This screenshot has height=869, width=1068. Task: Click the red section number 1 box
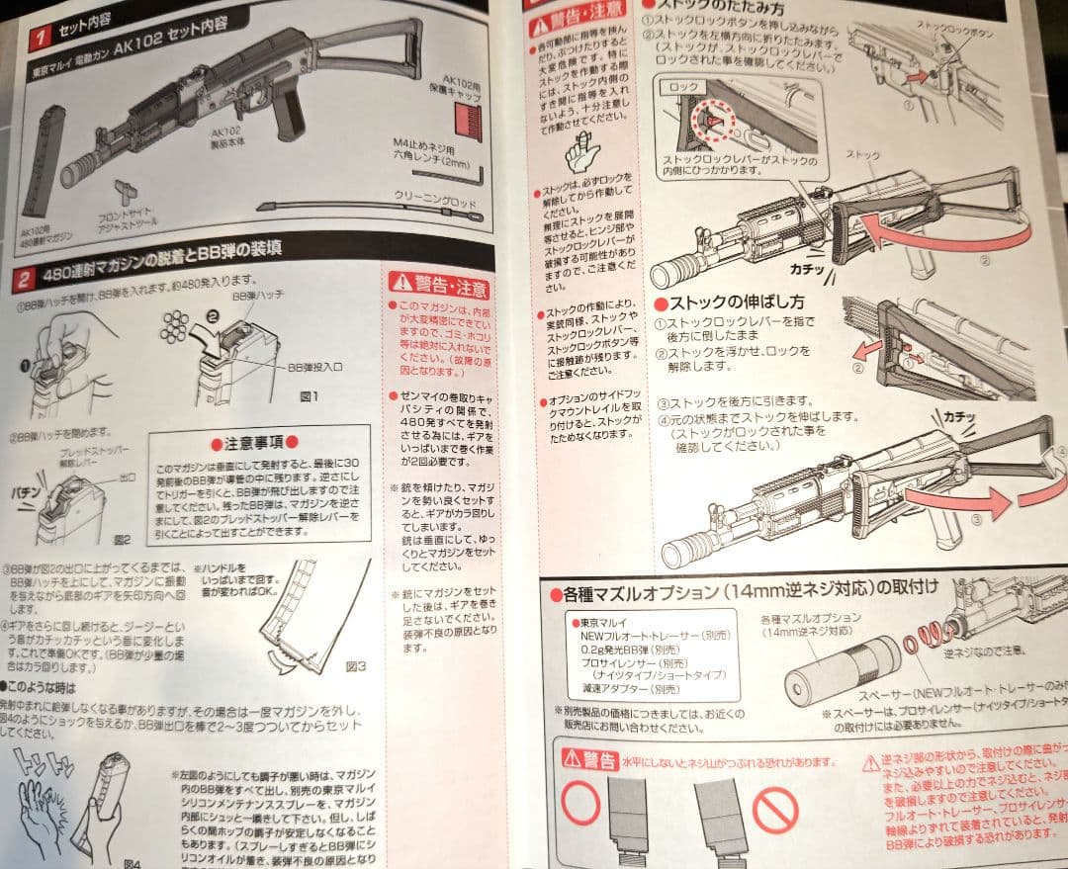(40, 38)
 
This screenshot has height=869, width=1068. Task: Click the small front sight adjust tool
(124, 189)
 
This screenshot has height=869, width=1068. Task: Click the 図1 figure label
(308, 396)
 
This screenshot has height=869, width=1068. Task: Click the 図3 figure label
(355, 666)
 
